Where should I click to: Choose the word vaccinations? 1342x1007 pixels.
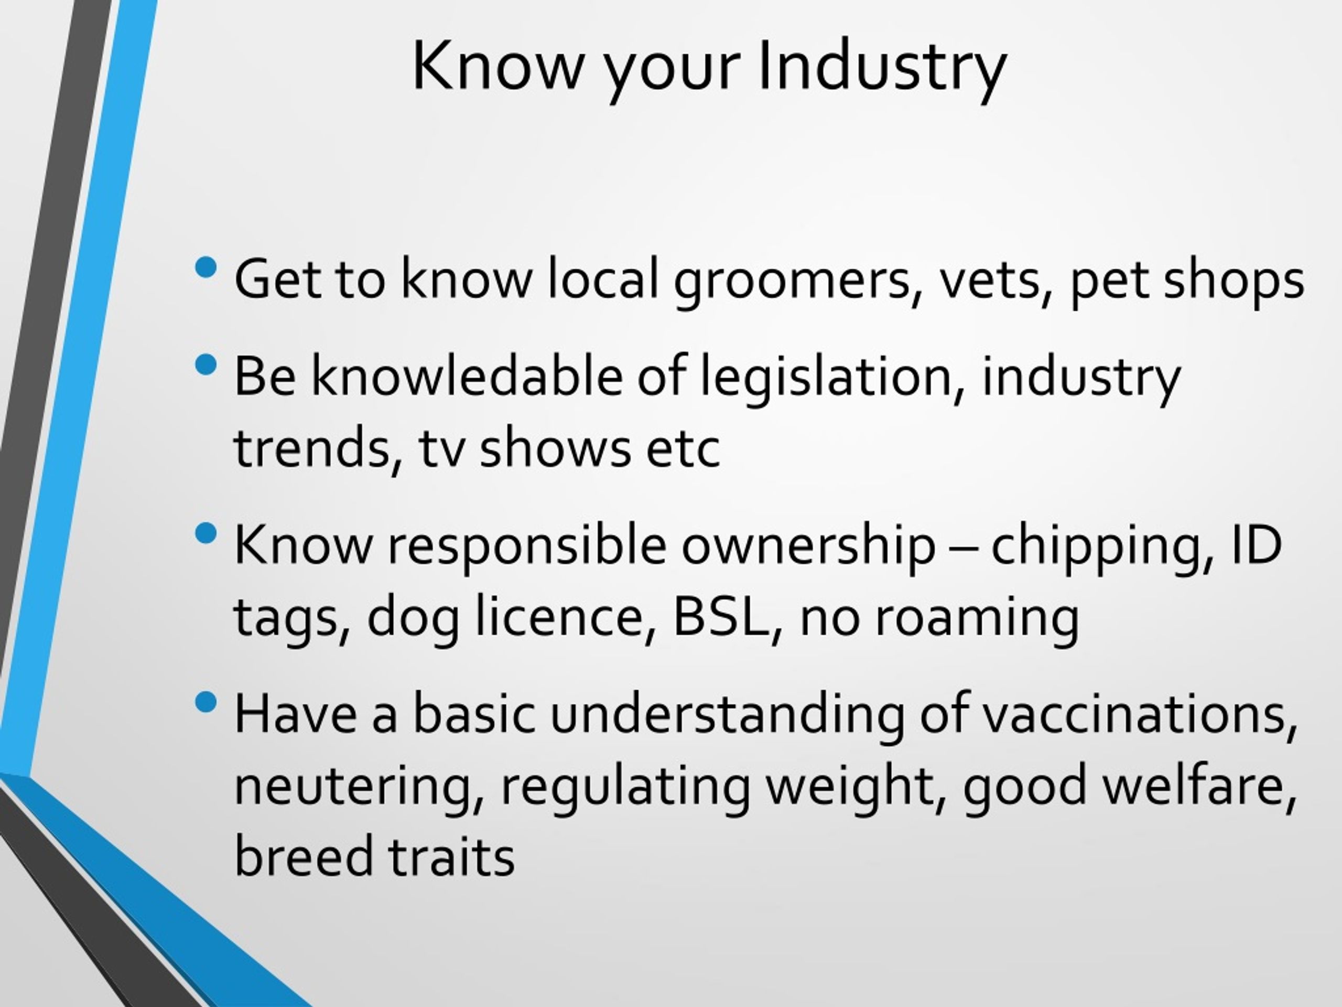[x=1139, y=715]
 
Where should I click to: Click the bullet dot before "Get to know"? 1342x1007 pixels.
[x=206, y=267]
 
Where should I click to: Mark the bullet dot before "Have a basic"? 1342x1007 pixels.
[x=206, y=703]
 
